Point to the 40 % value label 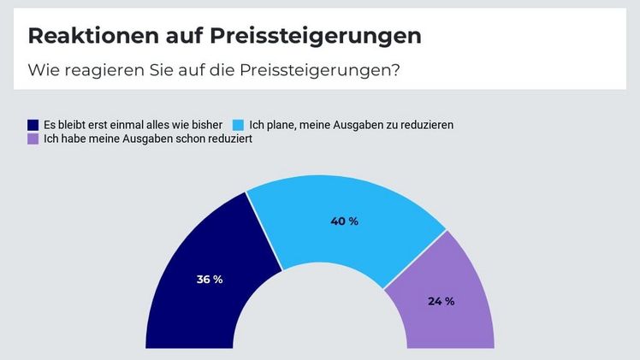(344, 221)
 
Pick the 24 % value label (440, 301)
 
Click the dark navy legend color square (33, 124)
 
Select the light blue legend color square (240, 124)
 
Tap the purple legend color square (33, 139)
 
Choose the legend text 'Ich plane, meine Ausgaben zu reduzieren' (351, 124)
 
